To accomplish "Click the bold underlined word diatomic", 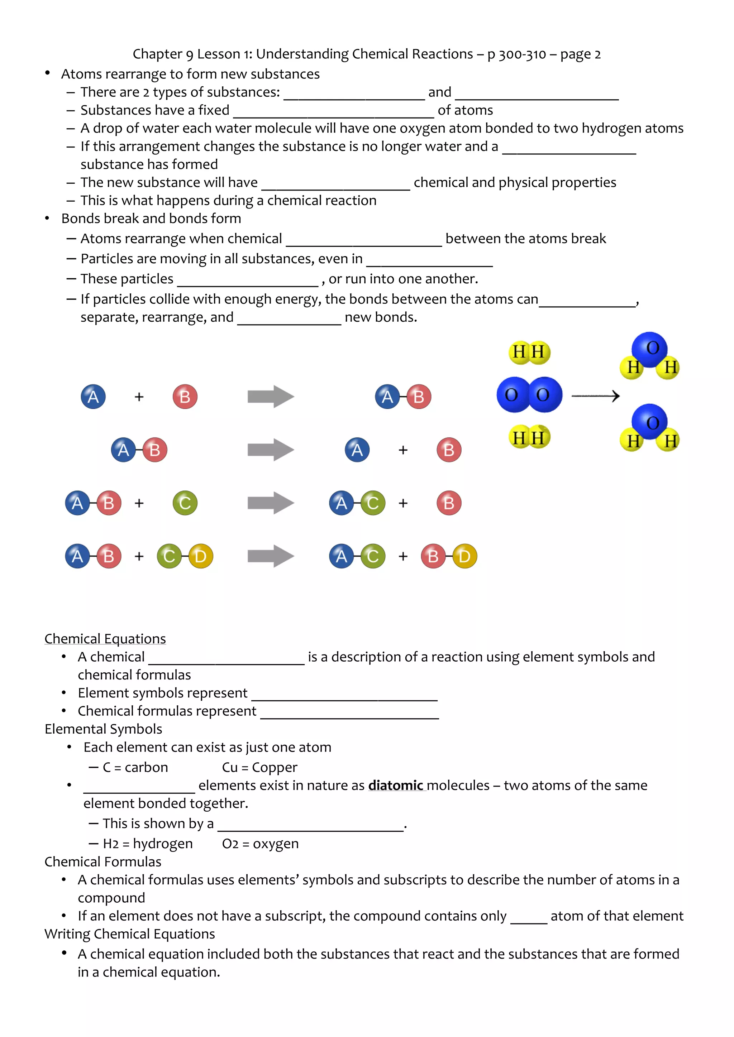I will coord(396,786).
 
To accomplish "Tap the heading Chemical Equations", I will coord(105,639).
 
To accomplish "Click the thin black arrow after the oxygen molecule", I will coord(595,396).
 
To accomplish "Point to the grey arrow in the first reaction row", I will coord(271,397).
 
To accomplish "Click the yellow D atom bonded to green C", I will coord(201,556).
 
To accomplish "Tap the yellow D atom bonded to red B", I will coord(464,556).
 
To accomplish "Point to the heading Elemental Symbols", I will coord(104,729).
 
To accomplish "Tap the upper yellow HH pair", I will coord(529,352).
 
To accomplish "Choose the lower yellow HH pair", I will coord(529,437).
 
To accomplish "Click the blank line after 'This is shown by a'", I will coord(310,826).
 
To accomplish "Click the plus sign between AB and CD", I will coord(139,556).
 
